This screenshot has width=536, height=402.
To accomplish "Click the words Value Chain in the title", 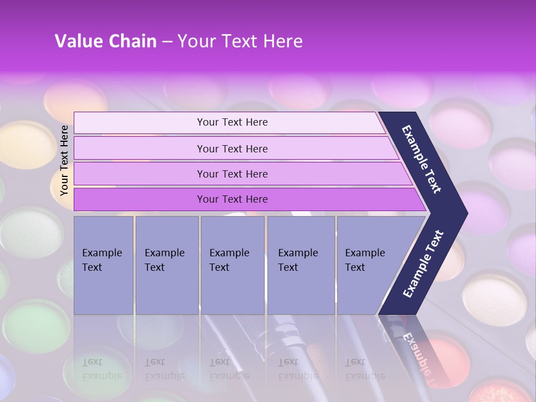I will pyautogui.click(x=106, y=41).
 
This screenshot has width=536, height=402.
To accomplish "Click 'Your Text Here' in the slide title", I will pyautogui.click(x=240, y=41).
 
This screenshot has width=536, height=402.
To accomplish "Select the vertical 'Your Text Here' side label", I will pyautogui.click(x=64, y=161).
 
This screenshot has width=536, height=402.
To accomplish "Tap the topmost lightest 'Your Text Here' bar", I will pyautogui.click(x=232, y=122).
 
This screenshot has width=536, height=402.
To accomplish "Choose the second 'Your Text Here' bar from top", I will pyautogui.click(x=232, y=149).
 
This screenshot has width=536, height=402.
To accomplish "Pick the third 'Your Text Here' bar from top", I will pyautogui.click(x=232, y=174).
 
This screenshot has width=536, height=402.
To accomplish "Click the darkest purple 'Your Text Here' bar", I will pyautogui.click(x=232, y=199).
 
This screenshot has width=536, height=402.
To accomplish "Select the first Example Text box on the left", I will pyautogui.click(x=103, y=265).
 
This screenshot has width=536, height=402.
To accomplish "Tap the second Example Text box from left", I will pyautogui.click(x=166, y=265).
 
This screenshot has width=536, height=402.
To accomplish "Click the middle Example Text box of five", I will pyautogui.click(x=232, y=265).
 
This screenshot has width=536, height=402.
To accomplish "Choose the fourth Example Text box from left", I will pyautogui.click(x=300, y=265).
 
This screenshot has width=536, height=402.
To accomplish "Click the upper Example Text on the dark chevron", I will pyautogui.click(x=422, y=159).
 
